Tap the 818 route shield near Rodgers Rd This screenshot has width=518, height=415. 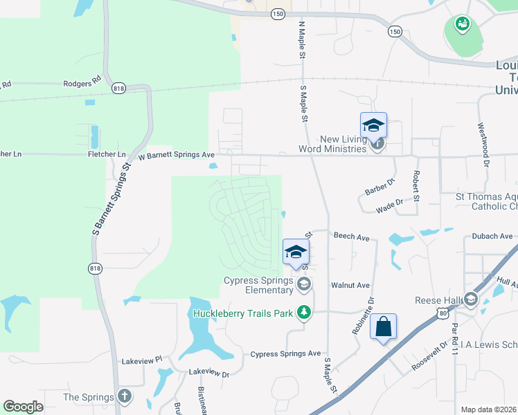click(119, 89)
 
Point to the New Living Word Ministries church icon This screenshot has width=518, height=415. click(377, 145)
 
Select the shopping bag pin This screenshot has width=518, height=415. click(384, 326)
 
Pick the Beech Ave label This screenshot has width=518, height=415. click(352, 237)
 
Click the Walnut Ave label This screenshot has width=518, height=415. click(350, 285)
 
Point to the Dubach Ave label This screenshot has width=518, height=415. click(492, 236)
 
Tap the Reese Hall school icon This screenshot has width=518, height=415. click(471, 299)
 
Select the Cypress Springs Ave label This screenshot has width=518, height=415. click(285, 353)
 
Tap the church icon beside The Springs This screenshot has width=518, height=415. click(124, 396)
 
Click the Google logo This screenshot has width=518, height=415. click(23, 407)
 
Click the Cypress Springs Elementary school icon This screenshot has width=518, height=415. click(303, 284)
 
